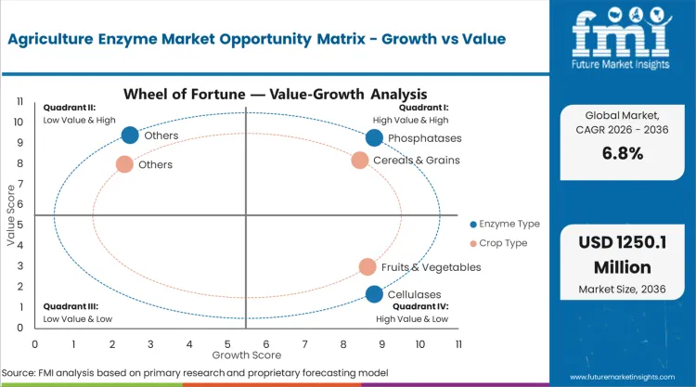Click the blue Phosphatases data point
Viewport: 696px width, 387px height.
[374, 138]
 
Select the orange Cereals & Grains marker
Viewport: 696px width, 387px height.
[360, 160]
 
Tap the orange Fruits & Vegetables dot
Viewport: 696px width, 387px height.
[367, 267]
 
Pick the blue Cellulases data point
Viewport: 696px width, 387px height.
[374, 294]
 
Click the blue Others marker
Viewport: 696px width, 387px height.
[130, 135]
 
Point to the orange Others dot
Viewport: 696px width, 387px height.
[124, 164]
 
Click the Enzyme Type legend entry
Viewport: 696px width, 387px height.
[505, 224]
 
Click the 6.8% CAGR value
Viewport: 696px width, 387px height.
[622, 153]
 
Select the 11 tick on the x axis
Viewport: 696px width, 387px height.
[458, 343]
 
